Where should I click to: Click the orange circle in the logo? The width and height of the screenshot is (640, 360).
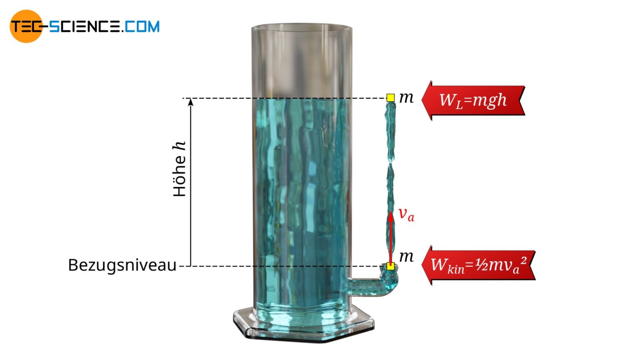(x=26, y=26)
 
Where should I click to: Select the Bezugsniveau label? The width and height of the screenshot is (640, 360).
(x=122, y=265)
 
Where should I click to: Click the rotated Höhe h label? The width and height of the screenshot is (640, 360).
(x=180, y=169)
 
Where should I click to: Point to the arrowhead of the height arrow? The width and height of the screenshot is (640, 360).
(x=190, y=101)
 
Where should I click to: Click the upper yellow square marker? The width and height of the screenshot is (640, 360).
(x=390, y=98)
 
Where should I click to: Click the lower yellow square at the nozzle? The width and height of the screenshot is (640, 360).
(x=390, y=266)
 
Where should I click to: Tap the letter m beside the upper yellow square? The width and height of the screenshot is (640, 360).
(x=406, y=98)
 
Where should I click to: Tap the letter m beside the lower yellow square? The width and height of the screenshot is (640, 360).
(x=406, y=257)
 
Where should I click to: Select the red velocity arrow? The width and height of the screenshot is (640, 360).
(x=390, y=237)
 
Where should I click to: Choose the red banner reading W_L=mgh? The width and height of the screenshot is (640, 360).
(x=473, y=100)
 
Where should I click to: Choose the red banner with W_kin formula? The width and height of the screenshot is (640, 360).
(x=479, y=265)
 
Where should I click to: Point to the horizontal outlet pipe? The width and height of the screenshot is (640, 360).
(x=364, y=287)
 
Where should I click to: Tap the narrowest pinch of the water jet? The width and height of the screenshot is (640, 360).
(x=391, y=163)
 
